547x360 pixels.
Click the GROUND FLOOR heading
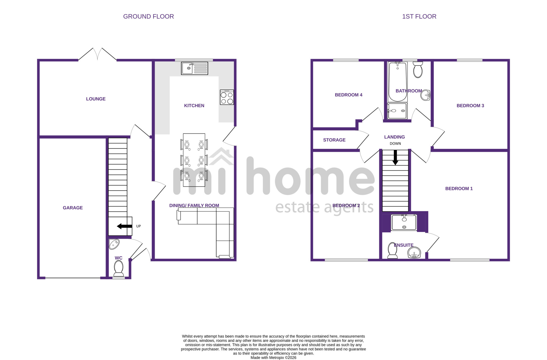(149, 16)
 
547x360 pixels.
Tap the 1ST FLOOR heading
(419, 16)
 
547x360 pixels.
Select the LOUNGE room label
(96, 99)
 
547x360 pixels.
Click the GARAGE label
(73, 208)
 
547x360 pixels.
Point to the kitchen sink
(194, 68)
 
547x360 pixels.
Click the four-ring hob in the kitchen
(227, 97)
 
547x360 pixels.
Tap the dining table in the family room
(194, 160)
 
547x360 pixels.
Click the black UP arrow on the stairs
(124, 226)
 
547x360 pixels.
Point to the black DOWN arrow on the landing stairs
(395, 158)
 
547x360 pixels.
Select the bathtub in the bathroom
(397, 82)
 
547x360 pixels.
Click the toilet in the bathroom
(418, 69)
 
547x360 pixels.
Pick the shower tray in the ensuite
(404, 222)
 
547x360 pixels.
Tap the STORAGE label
(334, 140)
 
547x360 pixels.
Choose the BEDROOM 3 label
(470, 106)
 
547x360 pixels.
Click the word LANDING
(394, 137)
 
